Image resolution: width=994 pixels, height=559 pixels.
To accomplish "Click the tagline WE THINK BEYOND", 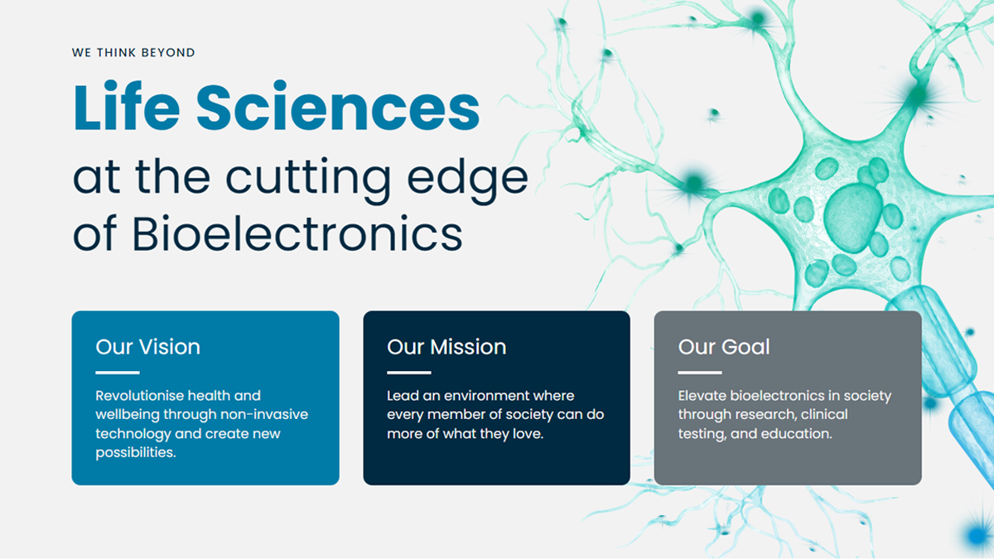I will click(x=133, y=52).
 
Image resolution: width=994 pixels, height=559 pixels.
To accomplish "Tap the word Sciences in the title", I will click(x=338, y=108).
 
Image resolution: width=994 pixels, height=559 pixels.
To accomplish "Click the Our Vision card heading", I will click(x=147, y=346).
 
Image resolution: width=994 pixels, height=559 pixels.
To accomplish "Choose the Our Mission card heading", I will click(x=446, y=346).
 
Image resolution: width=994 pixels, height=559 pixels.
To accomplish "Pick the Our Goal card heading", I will click(x=724, y=346).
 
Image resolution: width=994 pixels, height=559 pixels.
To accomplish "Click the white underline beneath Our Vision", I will click(x=117, y=372).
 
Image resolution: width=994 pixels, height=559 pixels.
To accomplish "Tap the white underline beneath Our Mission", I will click(x=408, y=372).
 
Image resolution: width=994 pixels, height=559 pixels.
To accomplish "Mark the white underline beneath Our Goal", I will click(x=699, y=372).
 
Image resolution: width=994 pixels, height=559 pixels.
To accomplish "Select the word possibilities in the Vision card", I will click(x=136, y=452).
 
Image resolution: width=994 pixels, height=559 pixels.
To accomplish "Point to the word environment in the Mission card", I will click(x=483, y=396).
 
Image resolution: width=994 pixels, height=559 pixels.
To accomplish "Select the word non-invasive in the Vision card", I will click(x=268, y=414).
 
